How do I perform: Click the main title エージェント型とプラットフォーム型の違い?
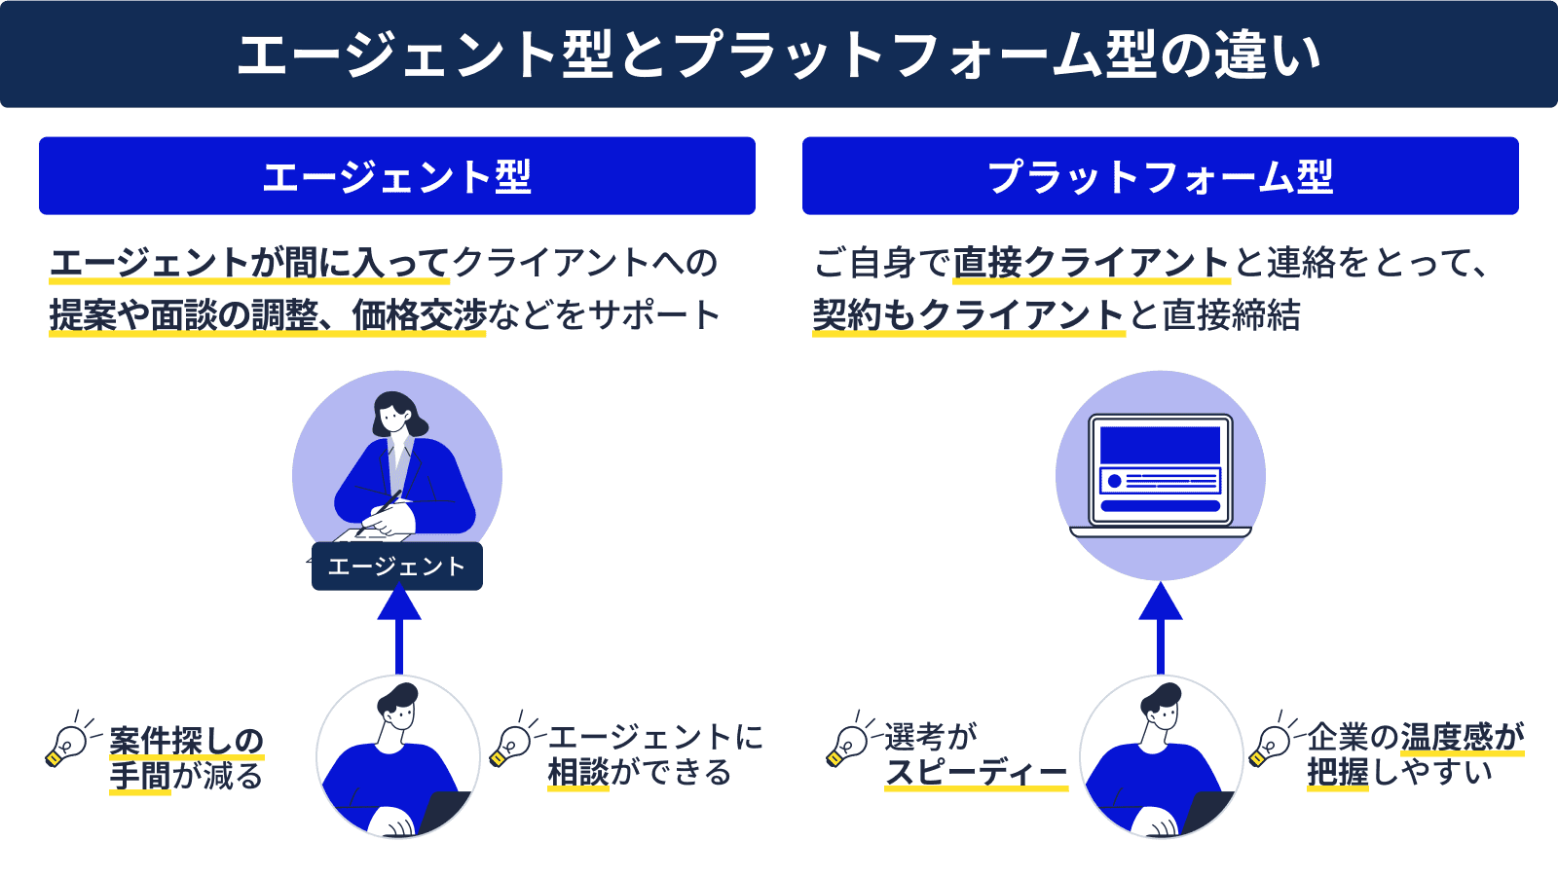(779, 55)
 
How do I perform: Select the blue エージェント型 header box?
(397, 176)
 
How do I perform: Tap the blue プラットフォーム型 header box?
(1160, 176)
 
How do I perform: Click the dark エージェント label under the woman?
(397, 567)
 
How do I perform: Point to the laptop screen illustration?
(1160, 469)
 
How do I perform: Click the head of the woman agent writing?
(394, 413)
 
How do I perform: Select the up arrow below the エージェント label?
(398, 629)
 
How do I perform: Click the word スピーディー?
(976, 773)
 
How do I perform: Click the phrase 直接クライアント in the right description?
(1091, 263)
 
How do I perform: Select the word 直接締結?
(1231, 315)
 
